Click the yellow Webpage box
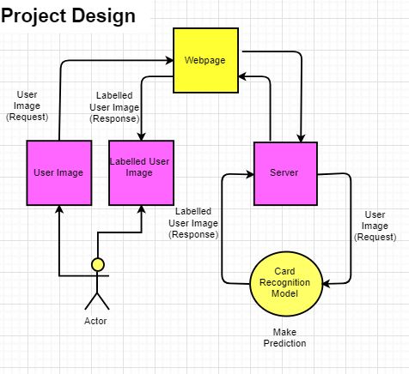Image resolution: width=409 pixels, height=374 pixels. pos(205,60)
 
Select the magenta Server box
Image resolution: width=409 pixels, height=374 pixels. pos(285,173)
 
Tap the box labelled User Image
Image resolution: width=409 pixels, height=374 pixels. pos(59,172)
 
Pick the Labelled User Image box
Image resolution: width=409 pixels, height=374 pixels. pos(141,172)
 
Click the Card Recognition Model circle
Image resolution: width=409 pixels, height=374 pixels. pos(286,284)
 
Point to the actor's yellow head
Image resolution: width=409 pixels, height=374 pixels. pos(98,264)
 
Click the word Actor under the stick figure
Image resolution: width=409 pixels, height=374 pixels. pos(95,321)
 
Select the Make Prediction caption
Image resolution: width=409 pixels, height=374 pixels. pos(284,338)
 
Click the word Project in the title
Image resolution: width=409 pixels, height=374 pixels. pos(34,16)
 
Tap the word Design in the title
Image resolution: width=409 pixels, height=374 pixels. pos(103,15)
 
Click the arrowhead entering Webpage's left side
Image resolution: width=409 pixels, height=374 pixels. pos(169,60)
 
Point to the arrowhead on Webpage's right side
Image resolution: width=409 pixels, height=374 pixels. pos(242,76)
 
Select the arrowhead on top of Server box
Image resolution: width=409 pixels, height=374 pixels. pos(301,138)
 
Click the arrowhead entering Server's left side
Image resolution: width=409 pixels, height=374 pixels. pos(249,174)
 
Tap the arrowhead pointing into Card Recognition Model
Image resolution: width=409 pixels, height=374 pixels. pos(327,284)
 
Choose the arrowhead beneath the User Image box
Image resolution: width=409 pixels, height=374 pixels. pos(59,209)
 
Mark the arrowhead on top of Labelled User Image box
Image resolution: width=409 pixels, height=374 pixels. pos(141,136)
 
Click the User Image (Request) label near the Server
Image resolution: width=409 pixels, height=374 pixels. pos(375,226)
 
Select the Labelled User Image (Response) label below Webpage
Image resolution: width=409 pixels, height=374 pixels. pos(114,107)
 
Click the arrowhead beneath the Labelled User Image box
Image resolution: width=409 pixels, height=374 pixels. pos(141,209)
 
